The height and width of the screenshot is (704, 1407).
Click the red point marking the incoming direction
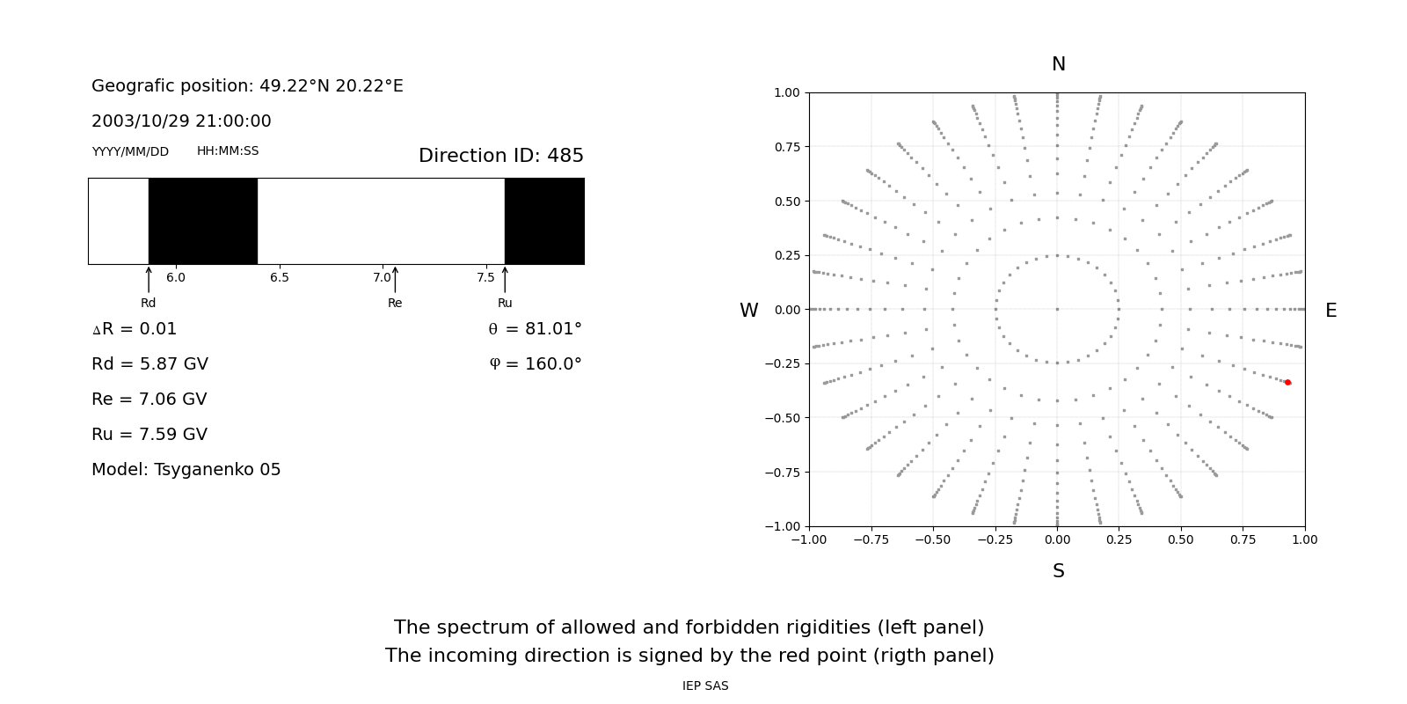[x=1287, y=382]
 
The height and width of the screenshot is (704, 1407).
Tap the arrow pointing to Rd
[x=149, y=279]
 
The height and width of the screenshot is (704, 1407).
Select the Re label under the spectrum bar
[x=395, y=304]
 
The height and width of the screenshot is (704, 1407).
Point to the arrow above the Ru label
[x=505, y=279]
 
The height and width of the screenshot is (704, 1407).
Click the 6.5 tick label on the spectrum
[x=280, y=278]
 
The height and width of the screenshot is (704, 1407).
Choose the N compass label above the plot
[x=1059, y=64]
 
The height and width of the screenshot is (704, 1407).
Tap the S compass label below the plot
[x=1059, y=571]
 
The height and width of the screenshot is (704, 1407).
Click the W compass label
[x=749, y=311]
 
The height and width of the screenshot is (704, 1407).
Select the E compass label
[x=1330, y=311]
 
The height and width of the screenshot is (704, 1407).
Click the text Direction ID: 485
[x=501, y=156]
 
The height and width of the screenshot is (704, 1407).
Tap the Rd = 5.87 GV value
[x=149, y=364]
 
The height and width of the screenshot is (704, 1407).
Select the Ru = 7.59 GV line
[x=149, y=435]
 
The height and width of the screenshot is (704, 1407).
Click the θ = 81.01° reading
[x=535, y=329]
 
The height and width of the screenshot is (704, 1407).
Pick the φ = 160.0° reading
[x=536, y=364]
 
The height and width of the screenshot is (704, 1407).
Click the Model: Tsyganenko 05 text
[x=186, y=470]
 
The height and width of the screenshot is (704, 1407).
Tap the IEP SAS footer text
[x=705, y=686]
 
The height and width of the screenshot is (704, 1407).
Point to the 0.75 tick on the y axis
[x=787, y=147]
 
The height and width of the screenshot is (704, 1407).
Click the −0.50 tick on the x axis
[x=933, y=539]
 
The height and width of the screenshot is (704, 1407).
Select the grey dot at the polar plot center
[x=1057, y=309]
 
